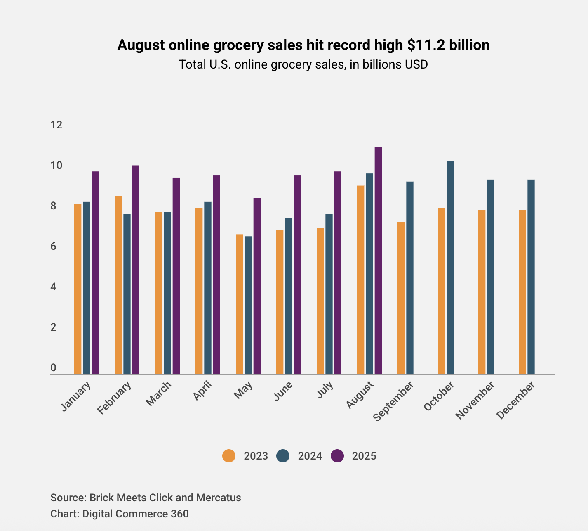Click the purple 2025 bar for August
(x=378, y=261)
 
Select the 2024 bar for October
(x=450, y=268)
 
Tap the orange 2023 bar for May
(x=240, y=304)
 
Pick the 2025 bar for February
(x=136, y=270)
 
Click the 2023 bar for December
(x=522, y=292)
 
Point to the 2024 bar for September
(x=410, y=278)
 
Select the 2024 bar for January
(x=87, y=288)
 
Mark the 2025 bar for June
(x=297, y=275)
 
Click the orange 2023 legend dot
(x=229, y=456)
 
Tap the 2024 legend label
(x=310, y=456)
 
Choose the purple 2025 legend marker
(x=337, y=456)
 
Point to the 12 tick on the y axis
(x=56, y=125)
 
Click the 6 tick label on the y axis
(x=53, y=247)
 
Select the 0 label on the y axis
(x=53, y=367)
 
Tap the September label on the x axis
(x=393, y=401)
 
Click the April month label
(x=202, y=391)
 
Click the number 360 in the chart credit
(x=179, y=514)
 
